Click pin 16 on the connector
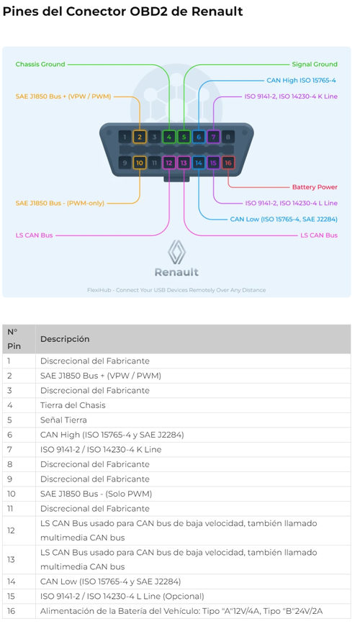pyautogui.click(x=228, y=163)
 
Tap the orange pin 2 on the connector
pyautogui.click(x=140, y=137)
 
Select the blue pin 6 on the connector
pyautogui.click(x=199, y=137)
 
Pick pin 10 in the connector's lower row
pyautogui.click(x=140, y=163)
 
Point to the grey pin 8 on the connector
pyautogui.click(x=228, y=137)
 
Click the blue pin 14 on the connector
pyautogui.click(x=199, y=163)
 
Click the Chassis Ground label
pyautogui.click(x=40, y=64)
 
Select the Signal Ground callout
pyautogui.click(x=315, y=64)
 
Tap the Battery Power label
pyautogui.click(x=315, y=187)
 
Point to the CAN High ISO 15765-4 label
pyautogui.click(x=302, y=80)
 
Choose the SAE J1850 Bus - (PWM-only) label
pyautogui.click(x=60, y=203)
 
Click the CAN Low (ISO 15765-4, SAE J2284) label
pyautogui.click(x=284, y=219)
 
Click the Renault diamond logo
pyautogui.click(x=176, y=253)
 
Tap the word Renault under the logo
pyautogui.click(x=176, y=272)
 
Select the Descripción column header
pyautogui.click(x=65, y=339)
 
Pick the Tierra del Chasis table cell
pyautogui.click(x=73, y=405)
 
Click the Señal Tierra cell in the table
pyautogui.click(x=63, y=420)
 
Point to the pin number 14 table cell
pyautogui.click(x=12, y=582)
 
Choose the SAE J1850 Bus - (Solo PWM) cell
pyautogui.click(x=96, y=494)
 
